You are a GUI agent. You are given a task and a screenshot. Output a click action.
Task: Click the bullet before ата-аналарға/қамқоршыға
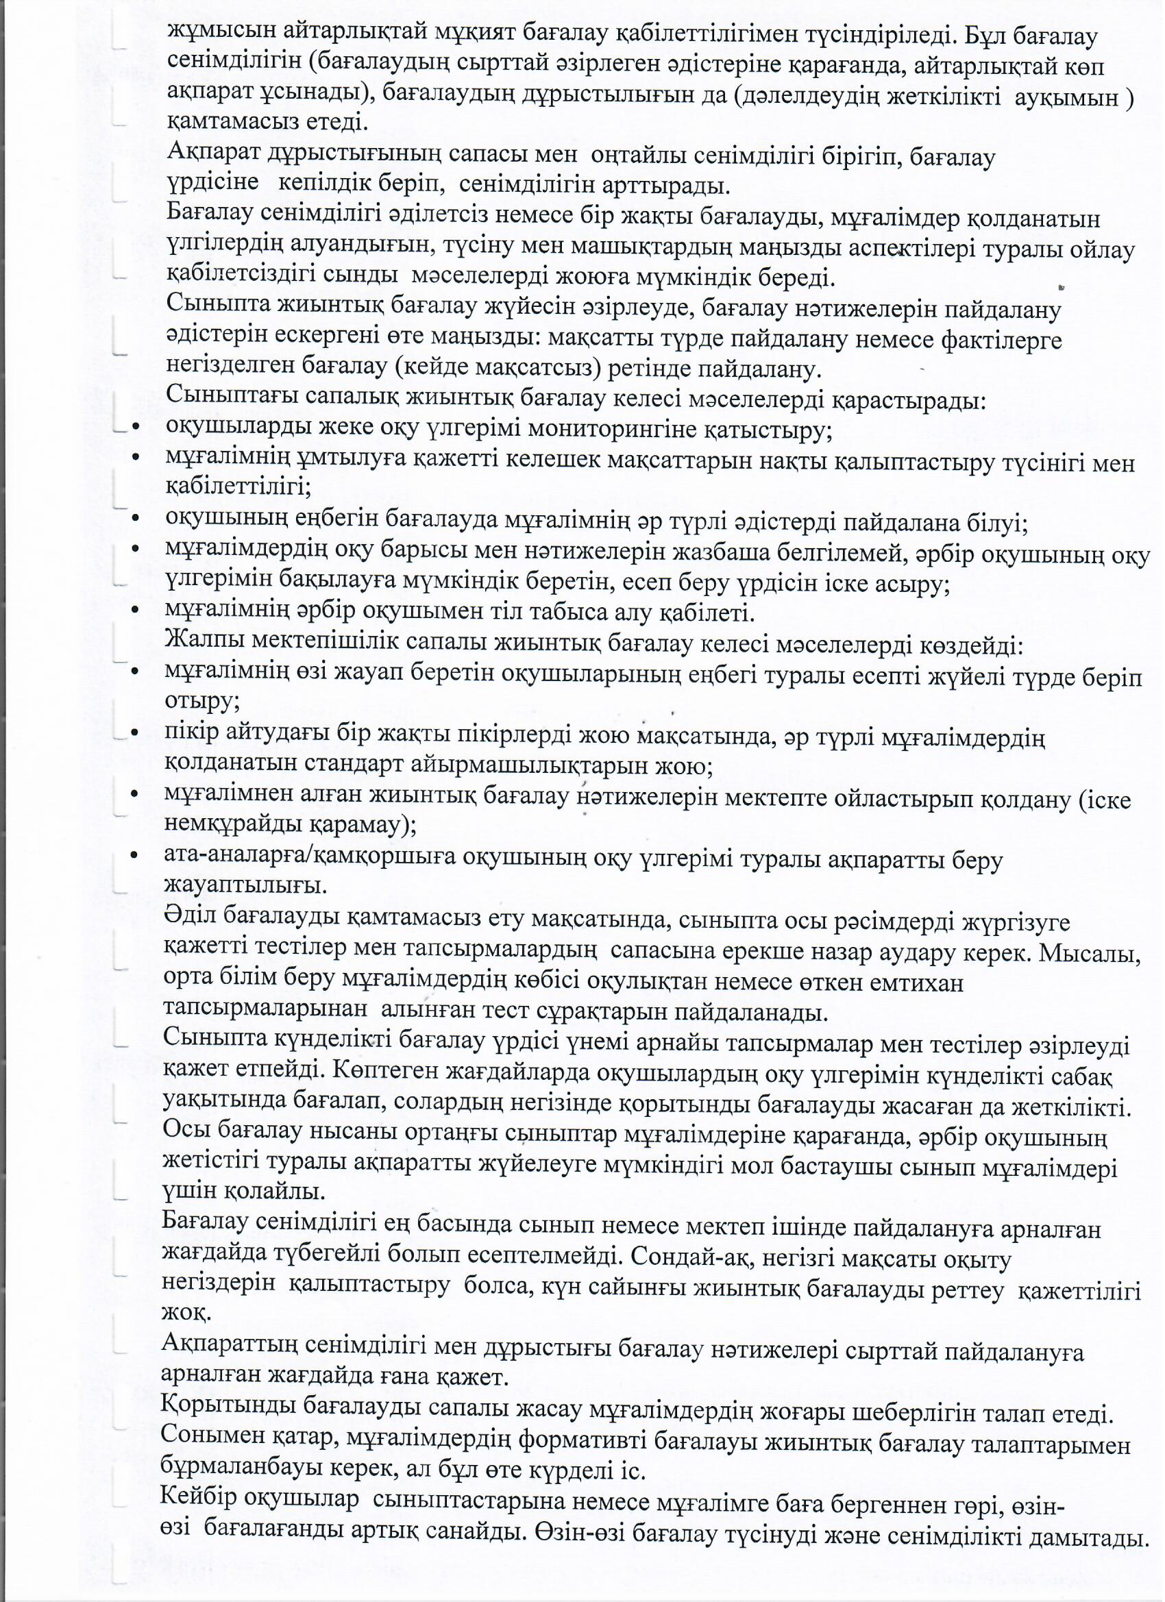134,857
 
